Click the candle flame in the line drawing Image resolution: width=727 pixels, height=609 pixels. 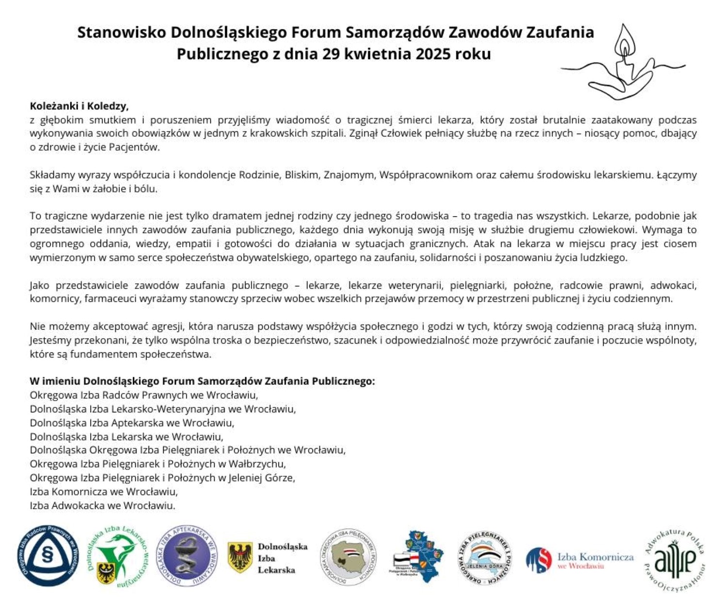coord(624,44)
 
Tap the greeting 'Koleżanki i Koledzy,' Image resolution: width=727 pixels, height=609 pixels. coord(79,106)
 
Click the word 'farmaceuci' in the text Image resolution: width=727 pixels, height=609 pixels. coord(110,298)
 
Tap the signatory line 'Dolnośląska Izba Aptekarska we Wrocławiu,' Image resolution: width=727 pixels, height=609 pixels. coord(132,422)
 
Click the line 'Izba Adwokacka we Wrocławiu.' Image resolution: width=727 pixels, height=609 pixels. coord(102,505)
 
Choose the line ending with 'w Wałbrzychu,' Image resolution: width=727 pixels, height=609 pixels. coord(158,464)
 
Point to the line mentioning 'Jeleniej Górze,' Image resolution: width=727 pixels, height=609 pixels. coord(162,478)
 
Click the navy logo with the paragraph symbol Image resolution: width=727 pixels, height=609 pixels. coord(48,556)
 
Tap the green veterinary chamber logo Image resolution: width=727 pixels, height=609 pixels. coord(116,556)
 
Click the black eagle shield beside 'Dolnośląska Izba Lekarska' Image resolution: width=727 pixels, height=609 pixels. coord(240,557)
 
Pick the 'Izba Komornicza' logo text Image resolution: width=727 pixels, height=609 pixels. coord(595,557)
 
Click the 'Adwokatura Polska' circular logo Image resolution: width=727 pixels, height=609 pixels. coord(675,560)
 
